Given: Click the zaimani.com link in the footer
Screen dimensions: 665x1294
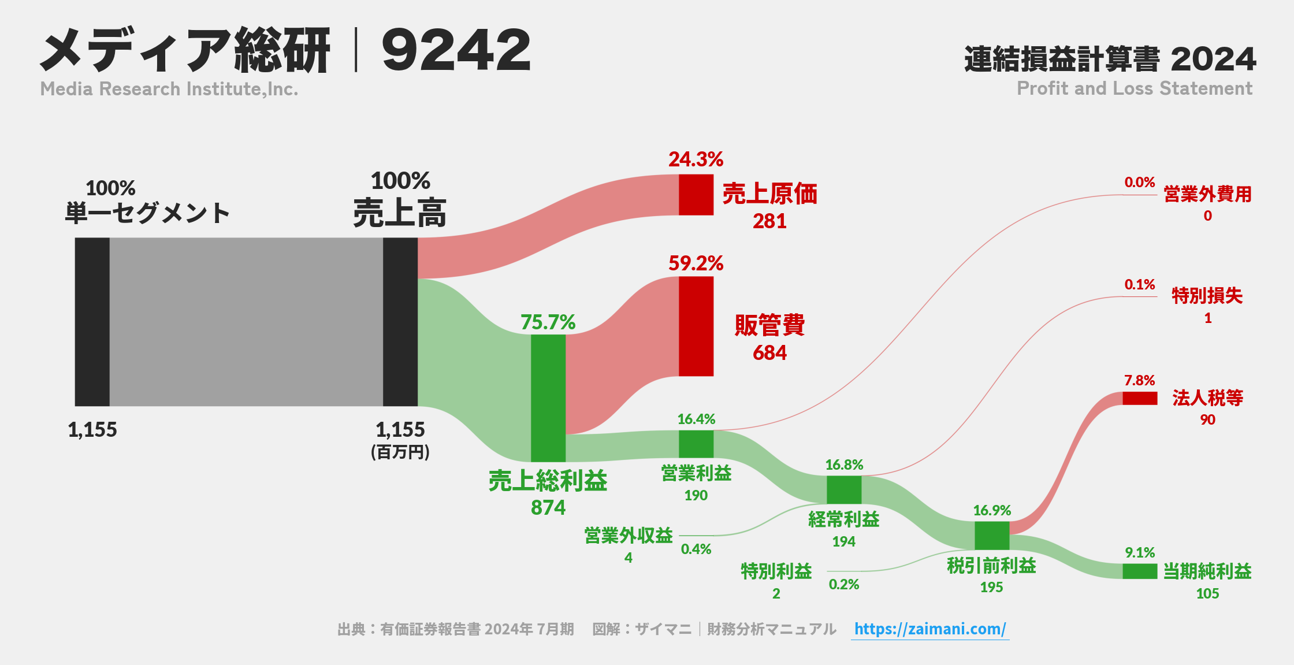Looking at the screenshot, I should pyautogui.click(x=930, y=629).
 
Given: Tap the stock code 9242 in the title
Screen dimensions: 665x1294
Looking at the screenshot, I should pyautogui.click(x=456, y=50).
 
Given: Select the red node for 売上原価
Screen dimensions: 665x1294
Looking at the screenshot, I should pyautogui.click(x=696, y=195).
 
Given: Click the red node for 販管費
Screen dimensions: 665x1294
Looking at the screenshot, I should pyautogui.click(x=696, y=326).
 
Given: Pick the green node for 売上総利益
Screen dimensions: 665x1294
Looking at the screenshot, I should pyautogui.click(x=548, y=398).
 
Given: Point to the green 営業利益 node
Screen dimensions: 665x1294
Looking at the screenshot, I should pyautogui.click(x=696, y=444).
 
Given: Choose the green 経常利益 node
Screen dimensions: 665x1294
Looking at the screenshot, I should pyautogui.click(x=844, y=490).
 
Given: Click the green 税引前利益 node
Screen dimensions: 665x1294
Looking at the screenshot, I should pyautogui.click(x=992, y=536).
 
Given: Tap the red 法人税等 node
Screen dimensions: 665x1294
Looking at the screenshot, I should pyautogui.click(x=1140, y=398).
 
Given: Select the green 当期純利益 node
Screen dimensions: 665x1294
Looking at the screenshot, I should pyautogui.click(x=1140, y=571).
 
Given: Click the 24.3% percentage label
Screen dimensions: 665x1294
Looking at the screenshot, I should pyautogui.click(x=696, y=159).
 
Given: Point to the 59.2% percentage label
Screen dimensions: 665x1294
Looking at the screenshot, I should pyautogui.click(x=696, y=263).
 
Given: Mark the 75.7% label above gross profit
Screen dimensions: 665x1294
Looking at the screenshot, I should pyautogui.click(x=548, y=322).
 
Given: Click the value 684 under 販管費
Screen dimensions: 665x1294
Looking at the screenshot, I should pyautogui.click(x=769, y=352).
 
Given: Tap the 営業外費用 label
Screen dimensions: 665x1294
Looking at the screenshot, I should pyautogui.click(x=1207, y=194).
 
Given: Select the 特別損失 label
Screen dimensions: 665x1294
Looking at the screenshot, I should pyautogui.click(x=1207, y=296).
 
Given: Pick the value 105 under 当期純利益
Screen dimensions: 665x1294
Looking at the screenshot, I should pyautogui.click(x=1207, y=593).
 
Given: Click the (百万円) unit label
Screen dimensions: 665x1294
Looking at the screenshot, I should pyautogui.click(x=400, y=452).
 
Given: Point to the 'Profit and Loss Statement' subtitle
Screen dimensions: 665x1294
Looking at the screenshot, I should pyautogui.click(x=1135, y=88).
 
